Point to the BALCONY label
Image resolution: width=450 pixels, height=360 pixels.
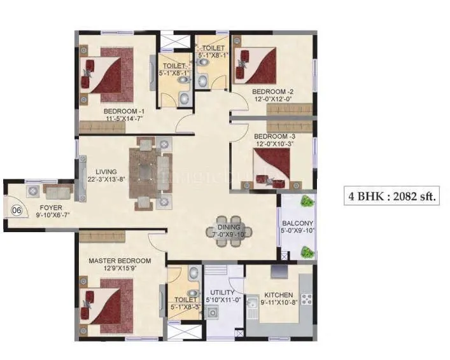298,223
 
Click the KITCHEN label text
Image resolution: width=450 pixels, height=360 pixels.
279,295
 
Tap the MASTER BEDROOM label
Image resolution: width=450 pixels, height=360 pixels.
120,261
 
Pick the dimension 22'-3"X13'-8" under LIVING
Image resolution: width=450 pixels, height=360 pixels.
106,180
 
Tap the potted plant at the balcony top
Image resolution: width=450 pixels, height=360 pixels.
307,202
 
